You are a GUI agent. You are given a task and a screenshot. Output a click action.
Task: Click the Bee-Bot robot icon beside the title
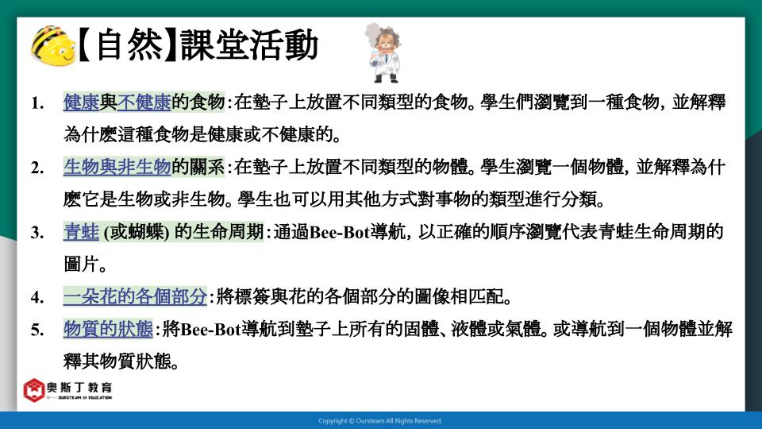[53, 46]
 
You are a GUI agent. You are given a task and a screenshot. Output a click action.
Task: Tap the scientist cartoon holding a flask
[384, 52]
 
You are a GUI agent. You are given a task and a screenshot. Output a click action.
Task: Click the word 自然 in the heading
[129, 46]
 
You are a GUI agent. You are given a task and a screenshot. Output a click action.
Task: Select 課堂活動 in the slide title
[249, 46]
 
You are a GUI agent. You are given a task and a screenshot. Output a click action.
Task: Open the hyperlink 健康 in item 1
[81, 102]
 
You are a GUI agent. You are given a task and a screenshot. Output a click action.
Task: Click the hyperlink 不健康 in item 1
[144, 102]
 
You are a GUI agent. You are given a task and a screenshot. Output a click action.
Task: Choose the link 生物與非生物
[117, 167]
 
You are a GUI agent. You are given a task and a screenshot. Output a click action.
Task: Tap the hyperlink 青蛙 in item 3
[81, 232]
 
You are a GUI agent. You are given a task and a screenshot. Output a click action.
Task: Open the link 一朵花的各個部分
[135, 296]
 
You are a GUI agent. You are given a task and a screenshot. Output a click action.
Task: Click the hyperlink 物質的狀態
[109, 329]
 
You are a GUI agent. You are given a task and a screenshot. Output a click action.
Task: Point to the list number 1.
[37, 103]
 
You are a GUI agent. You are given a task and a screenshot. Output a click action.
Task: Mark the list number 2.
[37, 168]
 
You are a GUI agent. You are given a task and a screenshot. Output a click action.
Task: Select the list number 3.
[37, 233]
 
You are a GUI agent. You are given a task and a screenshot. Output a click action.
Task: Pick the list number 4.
[37, 297]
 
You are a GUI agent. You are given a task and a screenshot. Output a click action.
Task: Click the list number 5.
[37, 330]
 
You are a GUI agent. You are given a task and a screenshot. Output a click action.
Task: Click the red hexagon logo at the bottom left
[34, 390]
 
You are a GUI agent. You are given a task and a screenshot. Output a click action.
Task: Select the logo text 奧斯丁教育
[79, 387]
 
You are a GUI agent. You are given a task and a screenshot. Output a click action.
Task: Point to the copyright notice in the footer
[380, 421]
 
